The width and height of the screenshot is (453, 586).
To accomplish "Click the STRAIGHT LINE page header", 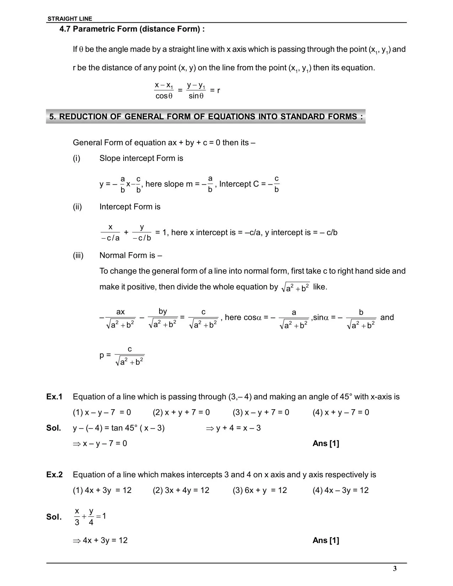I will coord(70,19).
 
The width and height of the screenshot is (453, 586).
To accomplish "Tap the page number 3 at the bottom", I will coord(395,569).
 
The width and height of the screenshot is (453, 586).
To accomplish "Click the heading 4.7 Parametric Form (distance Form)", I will coord(132,29).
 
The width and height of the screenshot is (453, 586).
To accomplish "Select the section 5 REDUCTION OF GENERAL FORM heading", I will coord(206,117).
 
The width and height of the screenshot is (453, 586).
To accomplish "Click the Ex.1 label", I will coord(54,397).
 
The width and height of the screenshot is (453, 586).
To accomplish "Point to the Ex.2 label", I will coord(54,475).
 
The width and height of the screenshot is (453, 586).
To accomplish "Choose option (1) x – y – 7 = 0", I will coord(102,412).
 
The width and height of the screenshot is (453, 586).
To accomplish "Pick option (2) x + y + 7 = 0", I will coord(181,412).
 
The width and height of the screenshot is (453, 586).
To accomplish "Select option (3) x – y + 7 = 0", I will coord(261,412).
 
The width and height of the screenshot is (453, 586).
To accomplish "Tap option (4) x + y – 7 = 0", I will coord(341,412).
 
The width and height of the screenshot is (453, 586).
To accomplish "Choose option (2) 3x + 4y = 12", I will coord(181,490).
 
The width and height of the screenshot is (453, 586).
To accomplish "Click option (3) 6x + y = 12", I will coord(260,490).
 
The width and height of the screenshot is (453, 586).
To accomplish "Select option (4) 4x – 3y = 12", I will coord(340,490).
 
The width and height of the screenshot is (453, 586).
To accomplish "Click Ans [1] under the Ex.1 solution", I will coord(326,444).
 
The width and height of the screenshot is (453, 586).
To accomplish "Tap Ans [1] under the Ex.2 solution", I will coord(326,541).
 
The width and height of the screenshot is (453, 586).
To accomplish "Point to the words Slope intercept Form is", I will coord(141,158).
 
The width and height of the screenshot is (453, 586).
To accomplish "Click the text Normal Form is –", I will coord(130,255).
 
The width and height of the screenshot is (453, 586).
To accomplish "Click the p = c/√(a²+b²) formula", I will coord(122,356).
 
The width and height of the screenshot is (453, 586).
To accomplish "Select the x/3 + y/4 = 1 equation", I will coord(90,517).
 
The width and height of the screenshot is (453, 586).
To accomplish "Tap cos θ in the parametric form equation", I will coord(164,96).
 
